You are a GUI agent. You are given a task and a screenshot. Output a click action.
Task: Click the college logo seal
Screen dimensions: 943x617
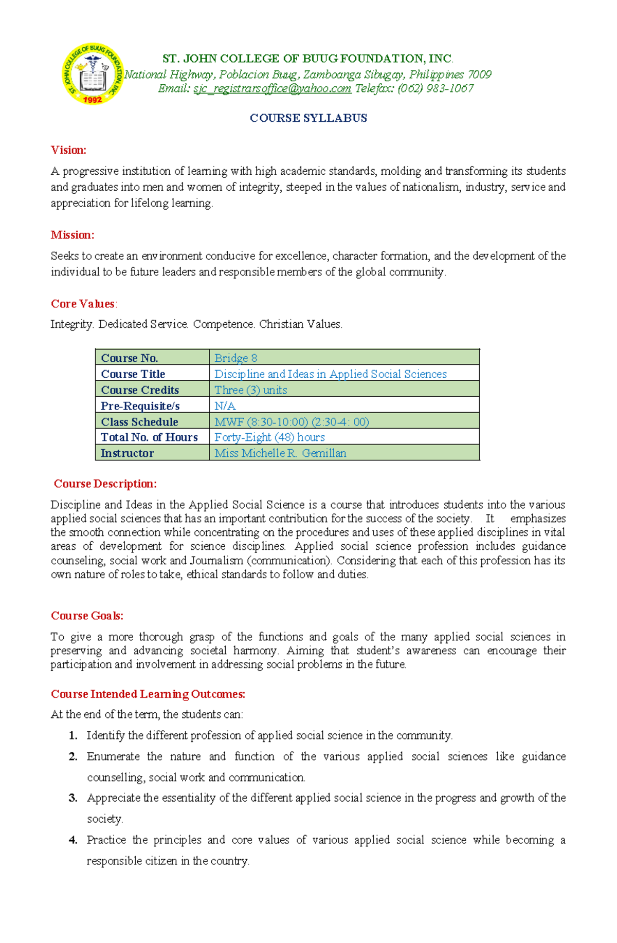93,73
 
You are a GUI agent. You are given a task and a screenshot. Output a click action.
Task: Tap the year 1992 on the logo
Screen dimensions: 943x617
93,100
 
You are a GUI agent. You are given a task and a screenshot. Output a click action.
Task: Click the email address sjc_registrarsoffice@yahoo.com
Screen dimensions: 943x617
272,88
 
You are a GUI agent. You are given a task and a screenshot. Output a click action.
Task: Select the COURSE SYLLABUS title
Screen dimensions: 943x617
308,118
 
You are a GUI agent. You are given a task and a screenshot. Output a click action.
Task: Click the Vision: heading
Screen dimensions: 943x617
68,150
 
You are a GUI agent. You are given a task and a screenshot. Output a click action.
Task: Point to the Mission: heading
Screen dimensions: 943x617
72,235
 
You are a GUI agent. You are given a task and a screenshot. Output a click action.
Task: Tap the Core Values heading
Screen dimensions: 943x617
83,304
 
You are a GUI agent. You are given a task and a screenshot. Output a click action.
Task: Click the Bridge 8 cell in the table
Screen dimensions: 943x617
235,358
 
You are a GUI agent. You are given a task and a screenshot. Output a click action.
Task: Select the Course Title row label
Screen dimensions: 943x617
133,374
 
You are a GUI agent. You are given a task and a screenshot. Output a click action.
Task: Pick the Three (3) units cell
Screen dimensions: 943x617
250,390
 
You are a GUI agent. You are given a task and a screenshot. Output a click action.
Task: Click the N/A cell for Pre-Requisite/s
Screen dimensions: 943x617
225,405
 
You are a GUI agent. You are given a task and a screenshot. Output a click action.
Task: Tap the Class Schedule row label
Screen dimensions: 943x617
139,421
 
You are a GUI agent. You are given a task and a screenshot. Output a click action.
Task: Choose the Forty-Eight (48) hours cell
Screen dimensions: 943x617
269,437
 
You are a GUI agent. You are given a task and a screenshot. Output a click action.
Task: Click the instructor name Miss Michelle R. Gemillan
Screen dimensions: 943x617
280,453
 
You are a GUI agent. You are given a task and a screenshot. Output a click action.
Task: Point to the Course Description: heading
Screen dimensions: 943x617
105,484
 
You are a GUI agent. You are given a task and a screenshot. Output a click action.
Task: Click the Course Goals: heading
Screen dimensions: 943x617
87,616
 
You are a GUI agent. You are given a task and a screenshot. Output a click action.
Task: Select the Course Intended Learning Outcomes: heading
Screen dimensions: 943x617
148,694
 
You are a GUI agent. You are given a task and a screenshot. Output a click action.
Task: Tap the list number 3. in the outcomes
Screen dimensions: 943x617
73,798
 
